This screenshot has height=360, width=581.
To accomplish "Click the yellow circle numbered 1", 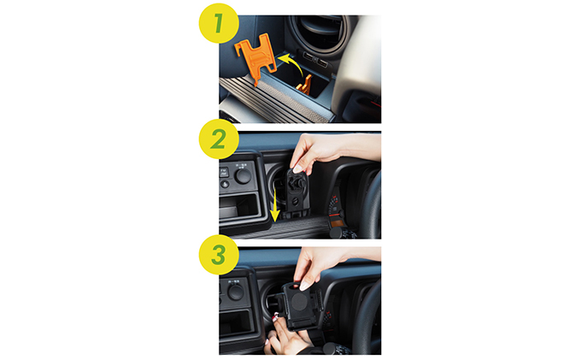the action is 219,23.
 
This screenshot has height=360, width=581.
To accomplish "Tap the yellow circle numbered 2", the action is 219,139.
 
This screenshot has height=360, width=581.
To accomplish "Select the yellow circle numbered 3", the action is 219,255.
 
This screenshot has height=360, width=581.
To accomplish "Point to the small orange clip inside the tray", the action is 304,86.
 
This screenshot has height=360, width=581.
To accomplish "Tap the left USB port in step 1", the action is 308,56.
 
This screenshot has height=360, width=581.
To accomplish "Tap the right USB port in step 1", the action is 321,62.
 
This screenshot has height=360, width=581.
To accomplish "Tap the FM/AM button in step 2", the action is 224,173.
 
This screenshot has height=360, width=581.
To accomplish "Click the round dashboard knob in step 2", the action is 243,176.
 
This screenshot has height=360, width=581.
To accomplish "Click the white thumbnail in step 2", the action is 297,169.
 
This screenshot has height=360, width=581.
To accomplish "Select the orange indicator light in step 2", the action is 337,223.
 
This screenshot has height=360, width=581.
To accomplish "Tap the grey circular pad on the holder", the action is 300,301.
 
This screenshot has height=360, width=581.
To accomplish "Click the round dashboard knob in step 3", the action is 236,292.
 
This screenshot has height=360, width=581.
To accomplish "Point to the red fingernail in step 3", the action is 274,318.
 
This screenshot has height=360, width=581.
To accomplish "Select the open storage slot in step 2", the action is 239,207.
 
